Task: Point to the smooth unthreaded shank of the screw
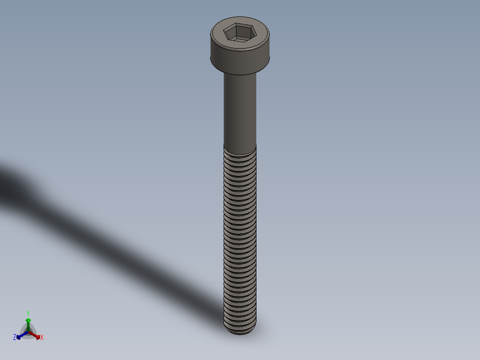pyautogui.click(x=240, y=111)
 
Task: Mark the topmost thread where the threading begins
pyautogui.click(x=240, y=151)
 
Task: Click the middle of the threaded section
pyautogui.click(x=240, y=236)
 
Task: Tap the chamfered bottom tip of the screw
pyautogui.click(x=240, y=331)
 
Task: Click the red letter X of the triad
pyautogui.click(x=42, y=338)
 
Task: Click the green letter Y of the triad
pyautogui.click(x=28, y=313)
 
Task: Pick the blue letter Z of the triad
pyautogui.click(x=15, y=337)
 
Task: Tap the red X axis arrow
pyautogui.click(x=37, y=335)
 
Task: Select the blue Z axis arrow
pyautogui.click(x=20, y=335)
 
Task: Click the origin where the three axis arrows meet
pyautogui.click(x=28, y=332)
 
